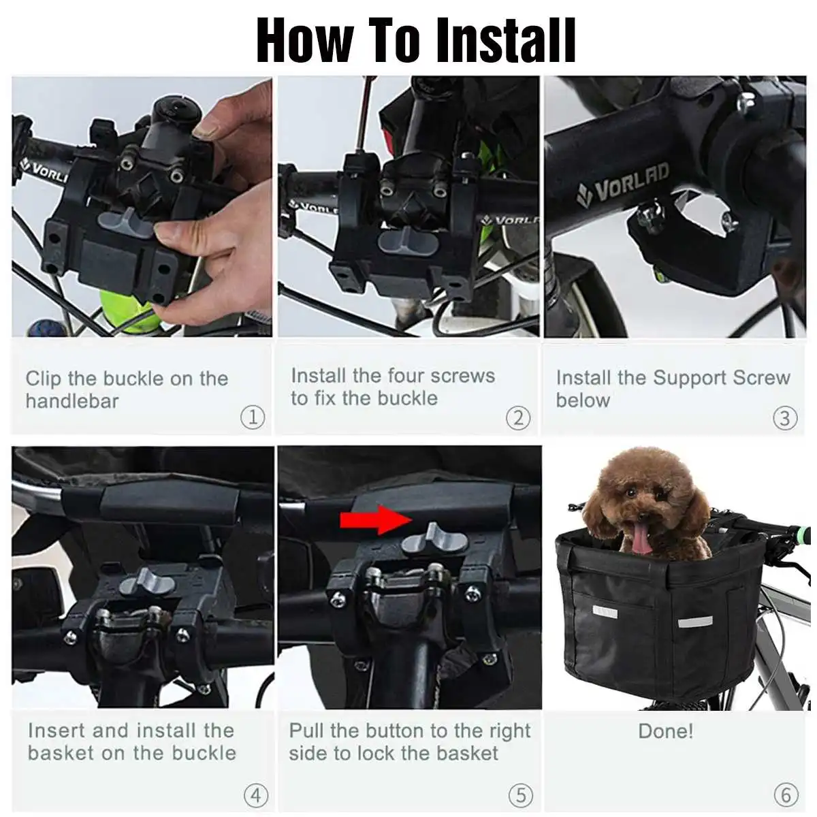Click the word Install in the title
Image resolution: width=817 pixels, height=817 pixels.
tap(507, 40)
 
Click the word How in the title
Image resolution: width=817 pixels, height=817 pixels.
tap(306, 40)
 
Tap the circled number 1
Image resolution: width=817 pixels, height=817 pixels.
tap(253, 417)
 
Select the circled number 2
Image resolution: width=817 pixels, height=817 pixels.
tap(518, 418)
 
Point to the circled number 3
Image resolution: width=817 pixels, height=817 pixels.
tap(785, 418)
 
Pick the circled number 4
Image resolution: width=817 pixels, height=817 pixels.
tap(256, 795)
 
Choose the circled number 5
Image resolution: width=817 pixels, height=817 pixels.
tap(521, 795)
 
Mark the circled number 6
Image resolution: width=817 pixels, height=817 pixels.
tap(786, 795)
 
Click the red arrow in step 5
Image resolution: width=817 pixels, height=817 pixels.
tap(376, 519)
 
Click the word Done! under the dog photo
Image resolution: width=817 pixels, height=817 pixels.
tap(666, 731)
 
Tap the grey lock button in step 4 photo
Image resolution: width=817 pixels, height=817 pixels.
tap(147, 582)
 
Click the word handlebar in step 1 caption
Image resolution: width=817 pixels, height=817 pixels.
tap(72, 400)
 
